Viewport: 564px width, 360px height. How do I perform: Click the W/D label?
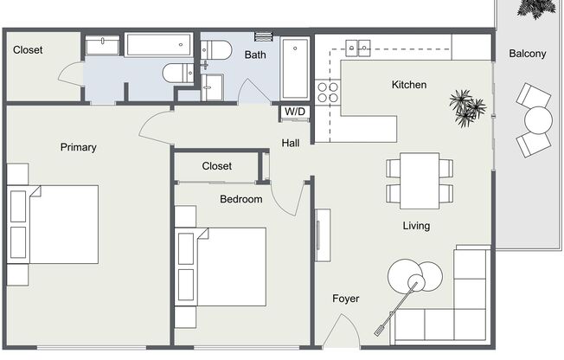click(x=295, y=112)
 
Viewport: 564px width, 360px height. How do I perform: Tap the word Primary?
click(x=79, y=147)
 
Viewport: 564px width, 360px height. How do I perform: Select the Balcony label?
click(x=528, y=54)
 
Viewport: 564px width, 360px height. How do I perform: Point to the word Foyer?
click(x=346, y=299)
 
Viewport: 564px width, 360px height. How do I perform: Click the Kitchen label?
click(x=409, y=85)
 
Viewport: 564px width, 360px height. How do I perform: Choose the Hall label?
click(x=291, y=143)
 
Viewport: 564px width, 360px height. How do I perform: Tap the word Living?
click(x=416, y=226)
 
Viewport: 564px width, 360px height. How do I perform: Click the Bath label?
click(x=255, y=55)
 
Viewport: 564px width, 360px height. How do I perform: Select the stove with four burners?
click(x=328, y=92)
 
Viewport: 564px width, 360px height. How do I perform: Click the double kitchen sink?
click(x=358, y=48)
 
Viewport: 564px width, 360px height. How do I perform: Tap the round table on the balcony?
click(x=538, y=120)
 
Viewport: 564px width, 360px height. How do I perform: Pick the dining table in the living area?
click(x=420, y=181)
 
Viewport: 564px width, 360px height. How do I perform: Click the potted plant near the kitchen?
click(x=467, y=108)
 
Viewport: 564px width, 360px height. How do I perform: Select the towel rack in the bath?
click(x=264, y=36)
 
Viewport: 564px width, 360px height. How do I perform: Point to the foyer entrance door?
click(x=341, y=331)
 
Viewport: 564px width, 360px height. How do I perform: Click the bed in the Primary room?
click(x=53, y=224)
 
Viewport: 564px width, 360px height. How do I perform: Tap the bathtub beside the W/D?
click(x=295, y=68)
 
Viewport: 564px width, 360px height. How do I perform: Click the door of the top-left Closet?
click(x=72, y=74)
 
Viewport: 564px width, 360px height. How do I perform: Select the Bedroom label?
click(x=241, y=199)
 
